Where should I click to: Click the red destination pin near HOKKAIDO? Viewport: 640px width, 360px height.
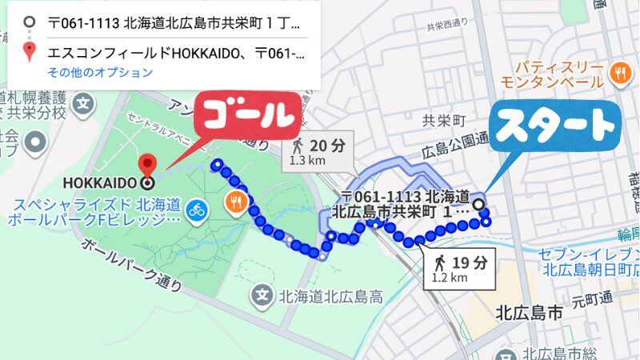(146, 166)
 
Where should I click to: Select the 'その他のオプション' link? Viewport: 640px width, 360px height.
(99, 73)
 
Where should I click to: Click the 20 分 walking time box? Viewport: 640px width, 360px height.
(318, 150)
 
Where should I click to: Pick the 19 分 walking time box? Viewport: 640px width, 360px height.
(458, 269)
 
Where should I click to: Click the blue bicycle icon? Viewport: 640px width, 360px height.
(196, 210)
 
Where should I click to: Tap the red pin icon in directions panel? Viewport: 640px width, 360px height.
(30, 54)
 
